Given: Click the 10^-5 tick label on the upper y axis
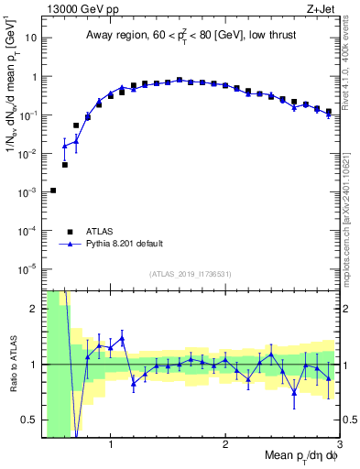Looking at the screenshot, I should pos(27,269).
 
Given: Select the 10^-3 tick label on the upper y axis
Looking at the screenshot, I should pos(27,192).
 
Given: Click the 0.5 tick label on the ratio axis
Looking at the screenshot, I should pos(29,420).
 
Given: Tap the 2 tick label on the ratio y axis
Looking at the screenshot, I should pos(34,309).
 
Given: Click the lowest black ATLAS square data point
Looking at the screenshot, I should pos(53,191).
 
